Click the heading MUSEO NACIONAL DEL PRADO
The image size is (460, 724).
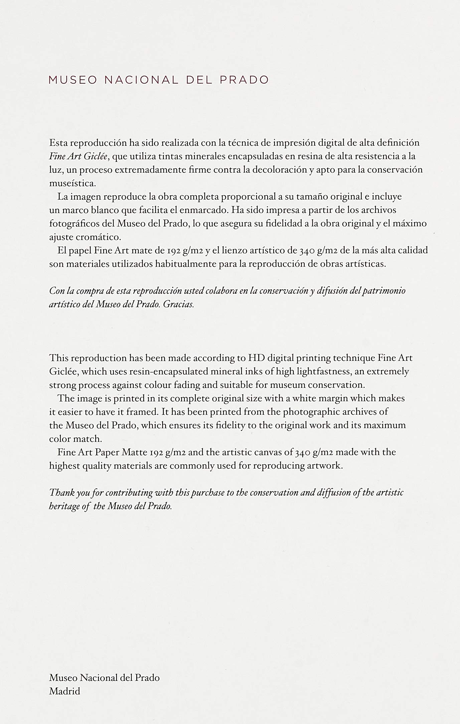[x=159, y=80]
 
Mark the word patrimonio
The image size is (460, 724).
[x=385, y=291]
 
